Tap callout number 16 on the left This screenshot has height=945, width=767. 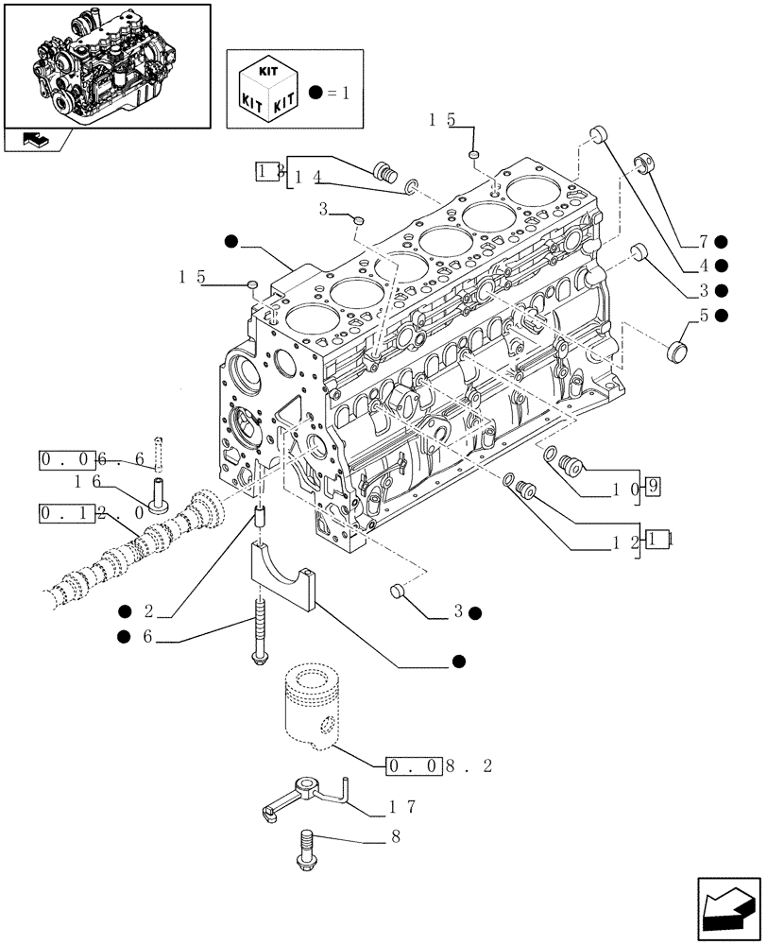(88, 482)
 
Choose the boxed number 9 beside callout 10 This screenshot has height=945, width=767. (652, 488)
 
